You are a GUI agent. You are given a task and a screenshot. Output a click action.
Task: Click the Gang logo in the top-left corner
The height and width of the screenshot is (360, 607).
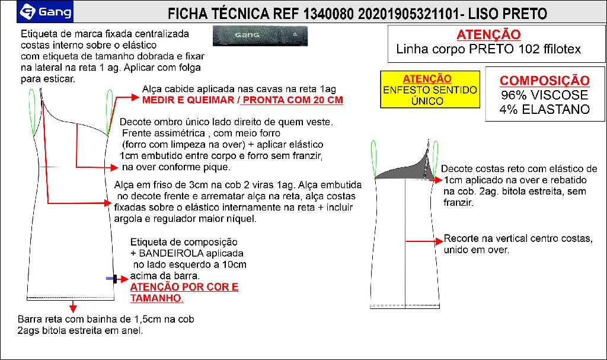(x=46, y=11)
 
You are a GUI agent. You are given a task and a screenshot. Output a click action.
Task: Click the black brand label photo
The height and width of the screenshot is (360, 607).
(x=260, y=36)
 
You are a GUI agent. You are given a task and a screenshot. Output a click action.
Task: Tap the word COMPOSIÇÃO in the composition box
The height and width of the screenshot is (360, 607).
(x=544, y=81)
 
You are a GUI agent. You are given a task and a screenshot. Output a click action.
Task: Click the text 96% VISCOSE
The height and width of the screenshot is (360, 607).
(x=544, y=95)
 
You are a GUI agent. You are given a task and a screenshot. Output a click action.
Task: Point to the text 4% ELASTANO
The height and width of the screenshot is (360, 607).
(x=544, y=109)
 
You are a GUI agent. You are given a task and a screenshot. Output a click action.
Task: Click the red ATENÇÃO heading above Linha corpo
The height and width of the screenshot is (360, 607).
(x=488, y=34)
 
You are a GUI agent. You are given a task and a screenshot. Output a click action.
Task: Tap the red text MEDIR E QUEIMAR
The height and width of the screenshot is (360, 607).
(x=190, y=100)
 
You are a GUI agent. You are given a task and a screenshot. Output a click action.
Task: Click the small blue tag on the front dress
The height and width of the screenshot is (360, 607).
(x=110, y=278)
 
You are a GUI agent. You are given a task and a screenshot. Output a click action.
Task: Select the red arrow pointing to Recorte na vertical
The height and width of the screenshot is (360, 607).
(x=423, y=241)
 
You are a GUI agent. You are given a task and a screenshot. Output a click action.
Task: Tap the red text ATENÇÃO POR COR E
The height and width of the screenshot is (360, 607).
(x=184, y=288)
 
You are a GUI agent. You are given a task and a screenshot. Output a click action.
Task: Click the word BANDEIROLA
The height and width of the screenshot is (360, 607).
(x=168, y=253)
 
